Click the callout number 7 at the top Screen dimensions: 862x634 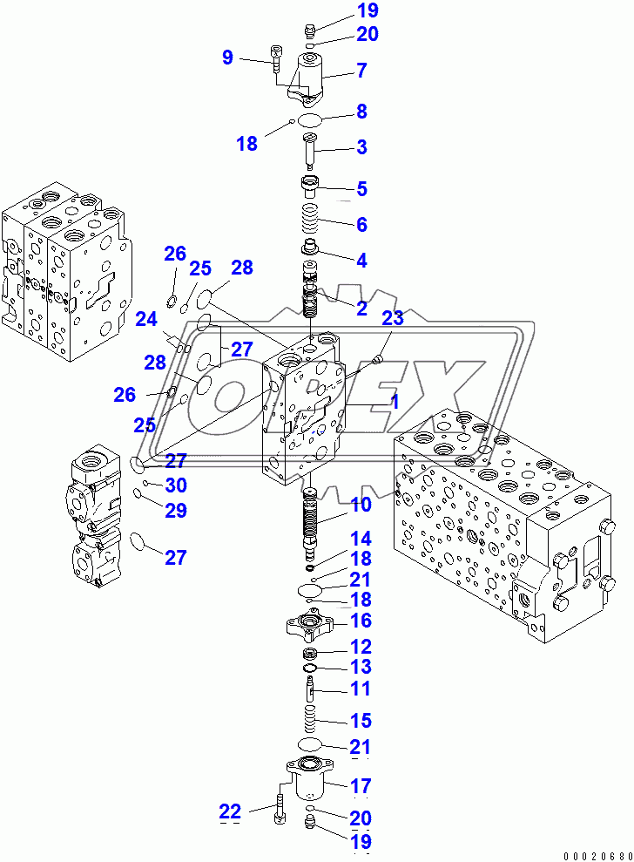click(x=361, y=69)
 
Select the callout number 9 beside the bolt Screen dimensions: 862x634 click(x=227, y=58)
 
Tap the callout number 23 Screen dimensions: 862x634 click(x=392, y=318)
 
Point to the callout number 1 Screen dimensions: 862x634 click(x=394, y=402)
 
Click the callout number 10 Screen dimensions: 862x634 click(x=361, y=505)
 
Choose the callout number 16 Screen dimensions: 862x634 click(x=361, y=621)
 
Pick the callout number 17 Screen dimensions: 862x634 click(x=361, y=785)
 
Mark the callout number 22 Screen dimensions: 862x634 click(x=229, y=811)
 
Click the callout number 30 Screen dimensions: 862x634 click(x=176, y=485)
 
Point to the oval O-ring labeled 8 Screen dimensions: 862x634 click(x=313, y=118)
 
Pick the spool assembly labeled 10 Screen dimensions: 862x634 click(x=313, y=521)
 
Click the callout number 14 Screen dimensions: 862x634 click(x=361, y=539)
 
